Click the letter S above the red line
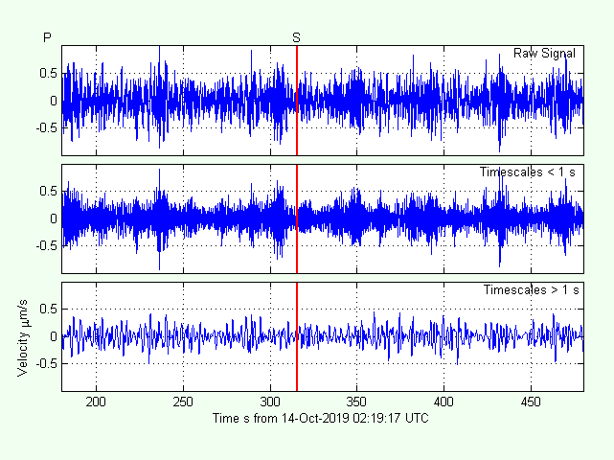click(297, 36)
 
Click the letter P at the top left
click(47, 36)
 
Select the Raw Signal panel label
click(544, 53)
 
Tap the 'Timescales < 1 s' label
click(528, 172)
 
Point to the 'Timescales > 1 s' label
click(531, 289)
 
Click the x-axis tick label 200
click(97, 403)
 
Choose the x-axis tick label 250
click(184, 403)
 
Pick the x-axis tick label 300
click(270, 403)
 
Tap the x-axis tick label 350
click(357, 403)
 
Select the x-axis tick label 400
click(443, 403)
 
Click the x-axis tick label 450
click(531, 403)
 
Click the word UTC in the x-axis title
click(416, 419)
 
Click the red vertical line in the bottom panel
click(297, 336)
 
